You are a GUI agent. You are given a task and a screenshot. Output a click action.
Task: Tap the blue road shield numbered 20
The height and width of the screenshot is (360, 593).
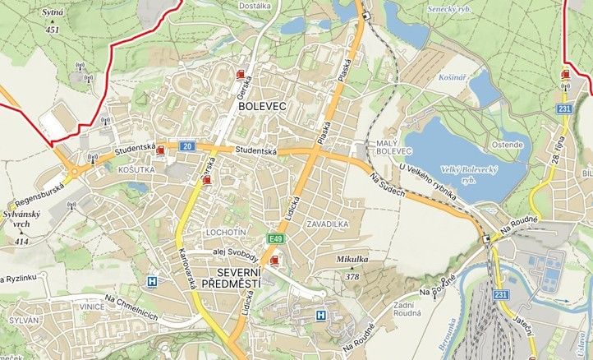(187, 145)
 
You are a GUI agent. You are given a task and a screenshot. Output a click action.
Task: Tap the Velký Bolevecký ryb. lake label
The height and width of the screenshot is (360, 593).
(458, 173)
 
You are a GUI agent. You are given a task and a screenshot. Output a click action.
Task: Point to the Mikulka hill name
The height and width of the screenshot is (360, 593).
(352, 259)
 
